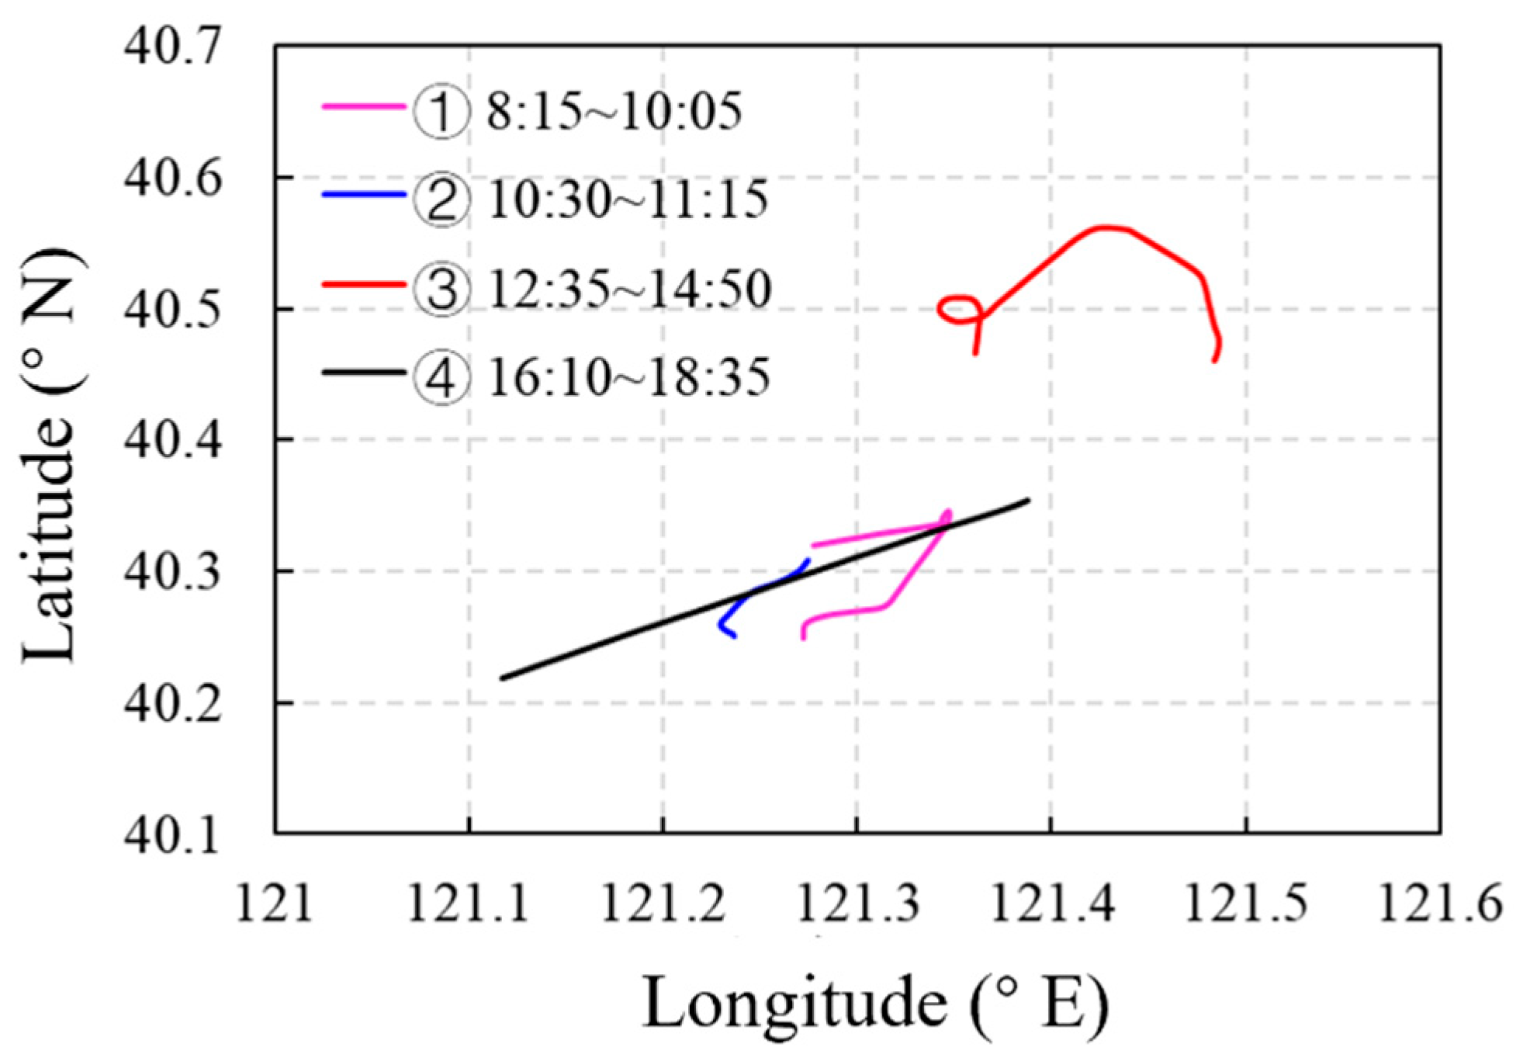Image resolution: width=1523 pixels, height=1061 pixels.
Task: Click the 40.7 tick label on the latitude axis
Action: (x=172, y=47)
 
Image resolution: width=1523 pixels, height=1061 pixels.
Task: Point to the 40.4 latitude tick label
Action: (x=172, y=440)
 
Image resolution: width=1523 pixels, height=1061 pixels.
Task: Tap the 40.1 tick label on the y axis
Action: (x=172, y=836)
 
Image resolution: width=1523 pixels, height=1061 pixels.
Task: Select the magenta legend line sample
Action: (x=363, y=106)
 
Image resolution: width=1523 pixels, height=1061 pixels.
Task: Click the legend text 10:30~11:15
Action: (x=628, y=199)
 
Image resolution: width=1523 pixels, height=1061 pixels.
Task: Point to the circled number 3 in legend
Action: (x=441, y=289)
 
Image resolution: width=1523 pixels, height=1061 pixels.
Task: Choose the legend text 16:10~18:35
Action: (x=628, y=378)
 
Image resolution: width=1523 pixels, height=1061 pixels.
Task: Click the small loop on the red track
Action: (x=959, y=309)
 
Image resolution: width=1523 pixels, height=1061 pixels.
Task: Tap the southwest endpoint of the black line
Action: (x=503, y=678)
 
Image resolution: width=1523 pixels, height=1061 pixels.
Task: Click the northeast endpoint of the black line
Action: (x=1028, y=501)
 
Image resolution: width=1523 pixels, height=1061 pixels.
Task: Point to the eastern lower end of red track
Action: (x=1215, y=360)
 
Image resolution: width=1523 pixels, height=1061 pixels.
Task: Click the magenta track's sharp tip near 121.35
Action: (x=948, y=512)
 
